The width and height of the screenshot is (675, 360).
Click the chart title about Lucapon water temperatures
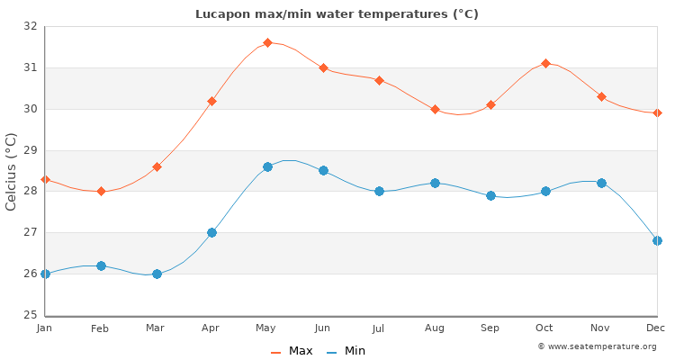(x=337, y=14)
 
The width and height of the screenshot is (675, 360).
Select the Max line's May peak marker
(x=267, y=42)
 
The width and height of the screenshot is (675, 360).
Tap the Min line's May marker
(x=267, y=166)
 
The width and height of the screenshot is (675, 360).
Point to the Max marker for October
(x=545, y=63)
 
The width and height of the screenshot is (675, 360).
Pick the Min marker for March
(x=157, y=274)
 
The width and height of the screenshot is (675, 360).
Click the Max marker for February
(x=101, y=191)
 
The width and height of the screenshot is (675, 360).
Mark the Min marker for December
(x=657, y=240)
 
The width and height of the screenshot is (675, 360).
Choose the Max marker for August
(x=435, y=109)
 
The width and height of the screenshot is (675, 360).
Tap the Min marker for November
(x=601, y=183)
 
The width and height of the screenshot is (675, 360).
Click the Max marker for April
(x=211, y=101)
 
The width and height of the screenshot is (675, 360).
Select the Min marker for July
(x=379, y=191)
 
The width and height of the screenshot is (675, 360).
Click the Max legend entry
(x=292, y=351)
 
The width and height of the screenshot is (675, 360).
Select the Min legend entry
(x=346, y=351)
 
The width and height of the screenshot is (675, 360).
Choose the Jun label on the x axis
(x=323, y=328)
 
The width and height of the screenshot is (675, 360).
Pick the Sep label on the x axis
(x=490, y=328)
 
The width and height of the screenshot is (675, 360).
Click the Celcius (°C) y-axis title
(x=12, y=171)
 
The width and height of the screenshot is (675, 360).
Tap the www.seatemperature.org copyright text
(x=597, y=346)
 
